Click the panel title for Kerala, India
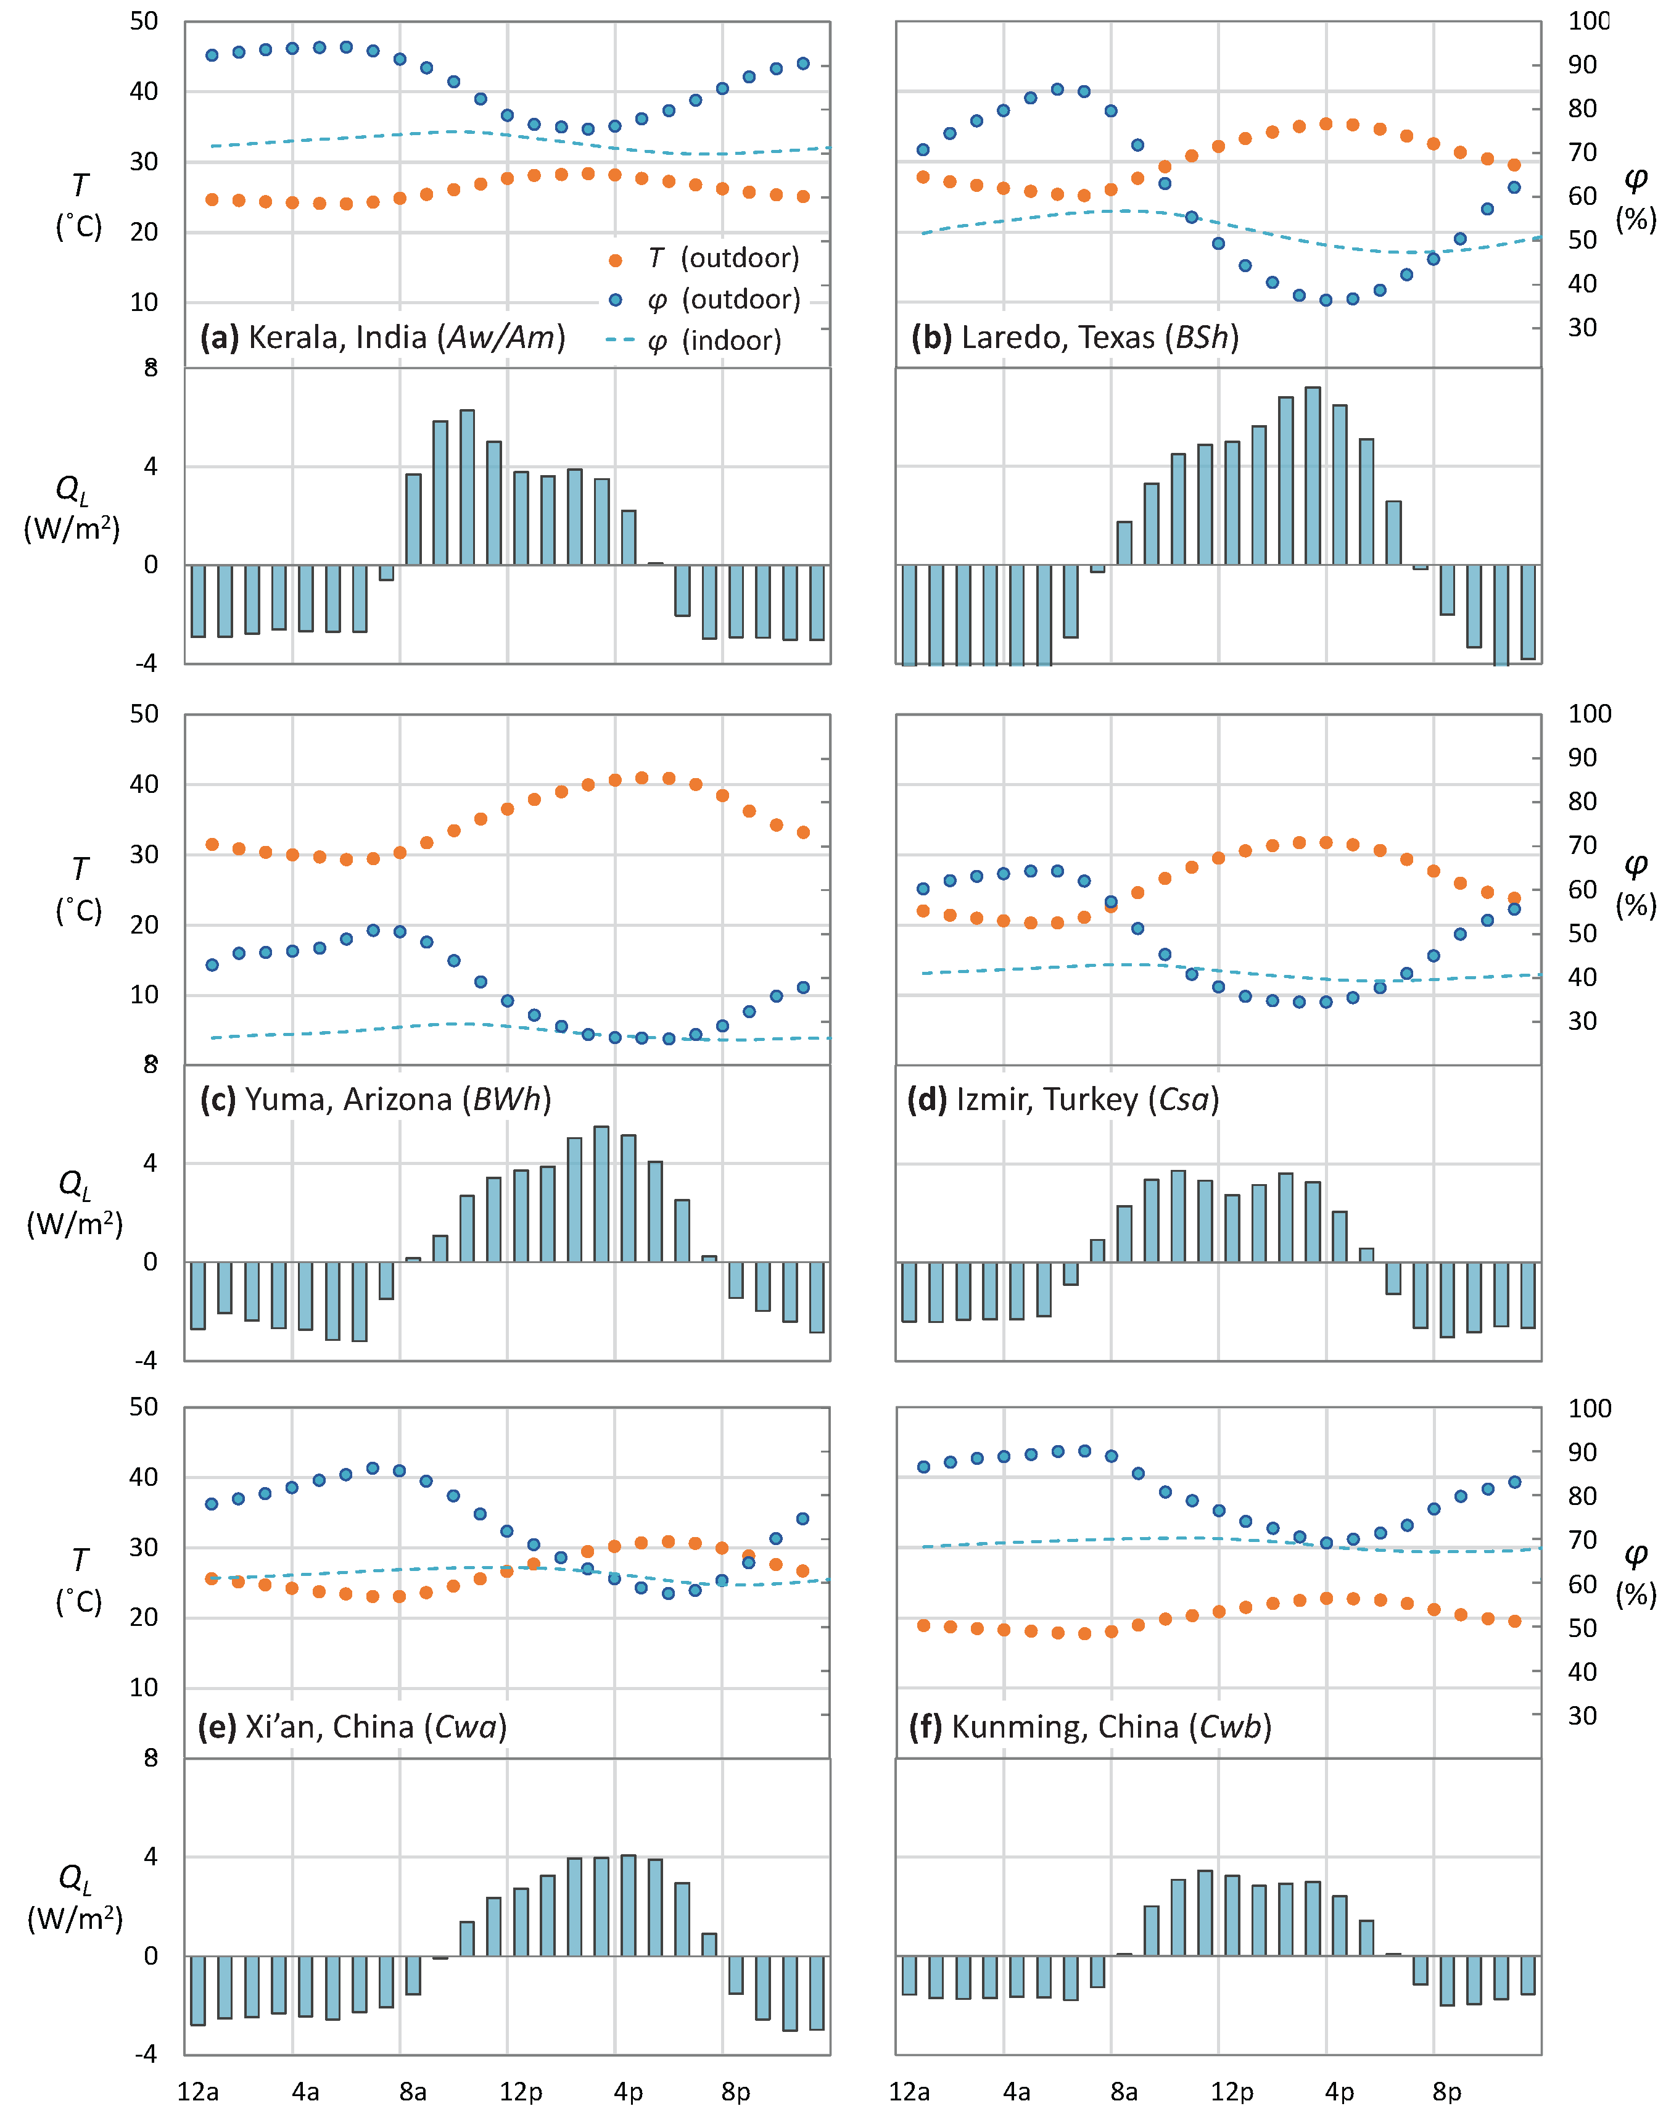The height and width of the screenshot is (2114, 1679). click(382, 338)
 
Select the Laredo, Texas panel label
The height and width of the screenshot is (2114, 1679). click(1075, 338)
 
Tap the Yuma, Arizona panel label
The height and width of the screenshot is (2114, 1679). click(376, 1099)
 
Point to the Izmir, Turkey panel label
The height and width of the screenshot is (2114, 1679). click(1063, 1099)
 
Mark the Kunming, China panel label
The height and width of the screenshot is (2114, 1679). click(1090, 1726)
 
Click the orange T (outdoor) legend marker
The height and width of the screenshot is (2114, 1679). click(616, 260)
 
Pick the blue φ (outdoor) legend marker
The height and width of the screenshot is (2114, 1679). click(616, 300)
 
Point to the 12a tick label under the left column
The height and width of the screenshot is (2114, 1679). click(198, 2091)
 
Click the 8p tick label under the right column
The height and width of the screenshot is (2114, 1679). click(1446, 2091)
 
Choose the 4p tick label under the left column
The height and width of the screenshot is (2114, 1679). click(629, 2091)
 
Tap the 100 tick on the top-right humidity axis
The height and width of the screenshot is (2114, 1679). click(1588, 20)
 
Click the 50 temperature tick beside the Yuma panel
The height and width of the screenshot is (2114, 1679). click(144, 714)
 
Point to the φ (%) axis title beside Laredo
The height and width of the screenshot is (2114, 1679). click(1635, 198)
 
